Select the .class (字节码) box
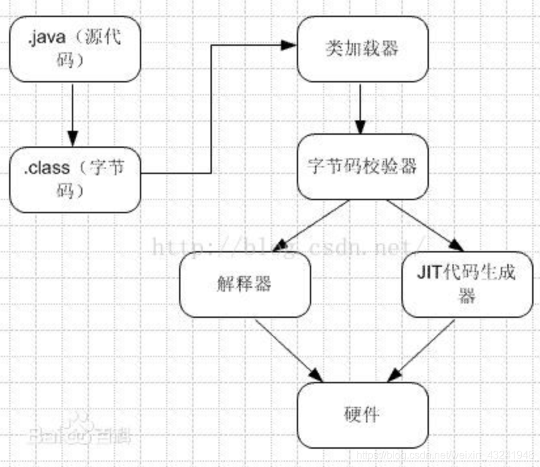pyautogui.click(x=75, y=179)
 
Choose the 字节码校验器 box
pyautogui.click(x=362, y=166)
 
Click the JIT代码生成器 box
pyautogui.click(x=467, y=285)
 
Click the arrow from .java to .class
pyautogui.click(x=73, y=114)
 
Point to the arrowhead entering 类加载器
pyautogui.click(x=288, y=45)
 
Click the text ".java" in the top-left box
pyautogui.click(x=43, y=38)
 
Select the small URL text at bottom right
pyautogui.click(x=451, y=454)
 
